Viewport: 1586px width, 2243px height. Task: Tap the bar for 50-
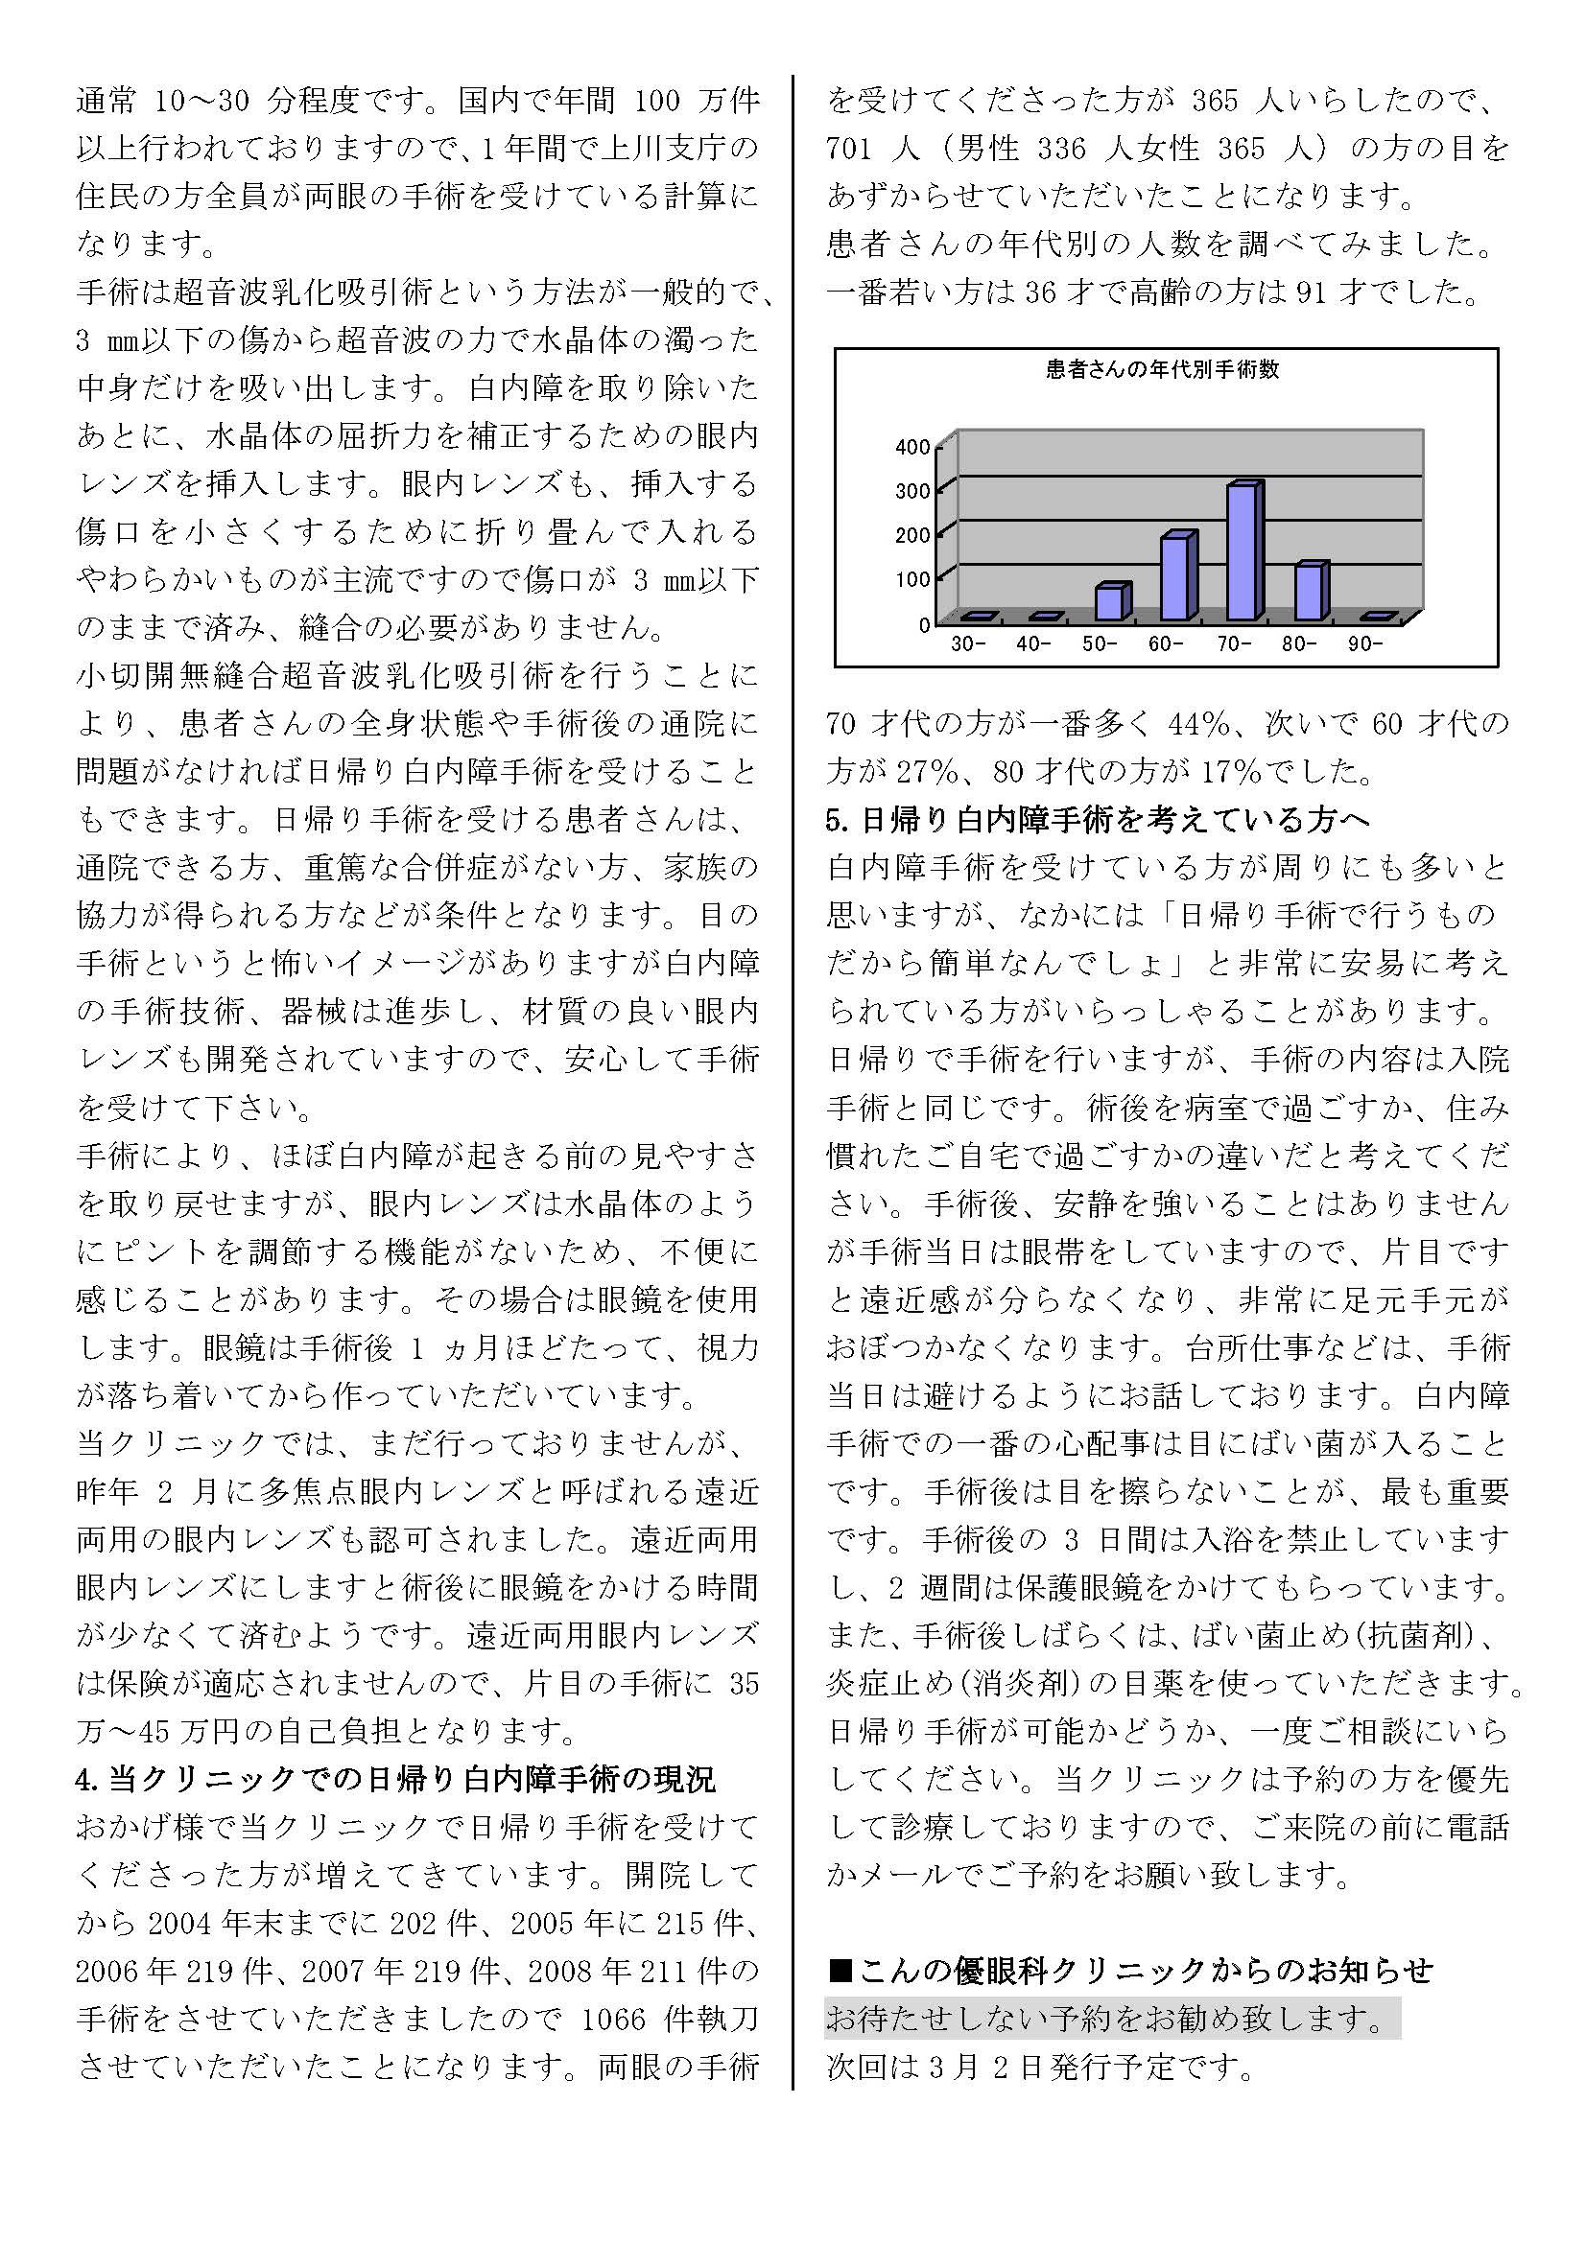point(1110,602)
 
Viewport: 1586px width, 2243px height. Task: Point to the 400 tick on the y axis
point(912,448)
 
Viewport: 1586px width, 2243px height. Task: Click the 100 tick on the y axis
point(912,579)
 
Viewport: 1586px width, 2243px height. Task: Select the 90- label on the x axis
point(1364,644)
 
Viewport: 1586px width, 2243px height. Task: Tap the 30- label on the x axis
point(967,644)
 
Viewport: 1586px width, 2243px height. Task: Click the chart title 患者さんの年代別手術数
point(1162,370)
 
